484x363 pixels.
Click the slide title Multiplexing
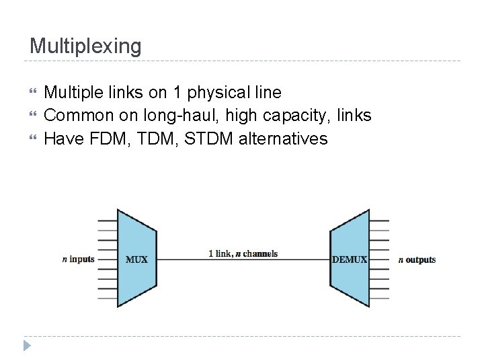tap(85, 46)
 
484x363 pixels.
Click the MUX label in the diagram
tap(136, 259)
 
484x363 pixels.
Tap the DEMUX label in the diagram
tap(350, 259)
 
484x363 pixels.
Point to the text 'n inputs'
tap(78, 259)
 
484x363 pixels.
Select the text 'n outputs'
tap(417, 259)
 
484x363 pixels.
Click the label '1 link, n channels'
tap(243, 253)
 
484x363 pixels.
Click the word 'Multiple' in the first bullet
tap(72, 93)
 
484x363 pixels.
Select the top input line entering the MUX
tap(108, 220)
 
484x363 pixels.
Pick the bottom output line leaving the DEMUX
tap(379, 297)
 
